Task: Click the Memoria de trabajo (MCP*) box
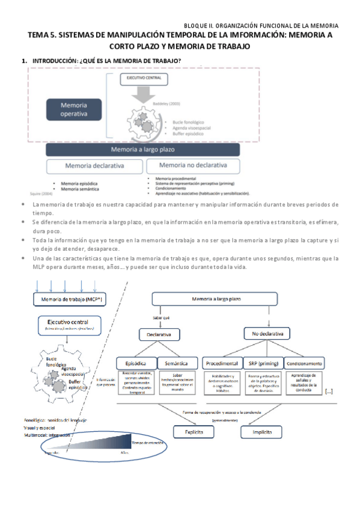click(67, 299)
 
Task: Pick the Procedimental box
click(223, 363)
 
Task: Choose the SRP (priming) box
click(263, 363)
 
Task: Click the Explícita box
click(192, 432)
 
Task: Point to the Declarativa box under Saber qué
click(159, 333)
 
